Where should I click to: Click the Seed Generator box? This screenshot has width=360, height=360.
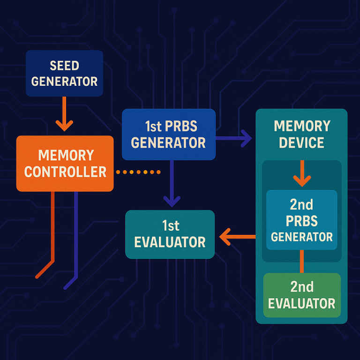(64, 74)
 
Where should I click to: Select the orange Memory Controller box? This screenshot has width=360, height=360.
(65, 163)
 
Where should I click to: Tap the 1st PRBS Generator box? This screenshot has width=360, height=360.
(168, 134)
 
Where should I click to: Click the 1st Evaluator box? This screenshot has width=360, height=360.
(170, 234)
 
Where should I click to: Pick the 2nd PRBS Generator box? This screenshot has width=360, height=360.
(301, 220)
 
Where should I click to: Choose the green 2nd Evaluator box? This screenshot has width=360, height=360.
(301, 295)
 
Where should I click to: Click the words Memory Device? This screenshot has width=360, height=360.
(302, 134)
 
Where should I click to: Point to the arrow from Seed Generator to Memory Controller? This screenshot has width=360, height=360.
(64, 114)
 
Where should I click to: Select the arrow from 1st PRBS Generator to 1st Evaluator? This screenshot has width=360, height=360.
(172, 183)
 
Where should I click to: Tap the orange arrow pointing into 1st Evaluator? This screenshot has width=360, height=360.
(237, 236)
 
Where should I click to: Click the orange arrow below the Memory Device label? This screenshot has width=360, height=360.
(301, 173)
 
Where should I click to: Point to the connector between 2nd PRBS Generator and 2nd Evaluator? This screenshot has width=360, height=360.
(301, 261)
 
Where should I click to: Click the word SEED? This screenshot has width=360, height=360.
(64, 66)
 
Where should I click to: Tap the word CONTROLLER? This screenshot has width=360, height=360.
(65, 172)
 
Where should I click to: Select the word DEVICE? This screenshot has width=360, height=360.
(302, 142)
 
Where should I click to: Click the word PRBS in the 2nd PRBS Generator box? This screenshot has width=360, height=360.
(301, 220)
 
